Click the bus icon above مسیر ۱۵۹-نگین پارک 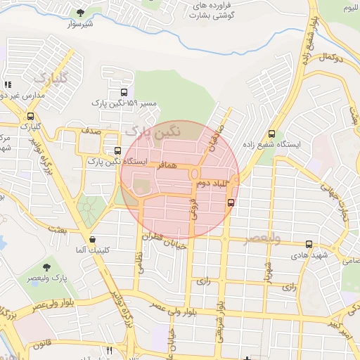click(x=124, y=92)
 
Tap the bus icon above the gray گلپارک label click(x=30, y=116)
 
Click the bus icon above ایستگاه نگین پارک click(x=117, y=151)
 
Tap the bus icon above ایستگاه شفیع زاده click(x=272, y=134)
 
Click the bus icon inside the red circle click(x=231, y=202)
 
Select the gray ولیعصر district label click(x=262, y=240)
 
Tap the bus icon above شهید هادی click(x=309, y=244)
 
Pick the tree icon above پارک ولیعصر click(x=46, y=267)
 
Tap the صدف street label click(x=90, y=131)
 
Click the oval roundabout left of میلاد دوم click(x=193, y=174)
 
